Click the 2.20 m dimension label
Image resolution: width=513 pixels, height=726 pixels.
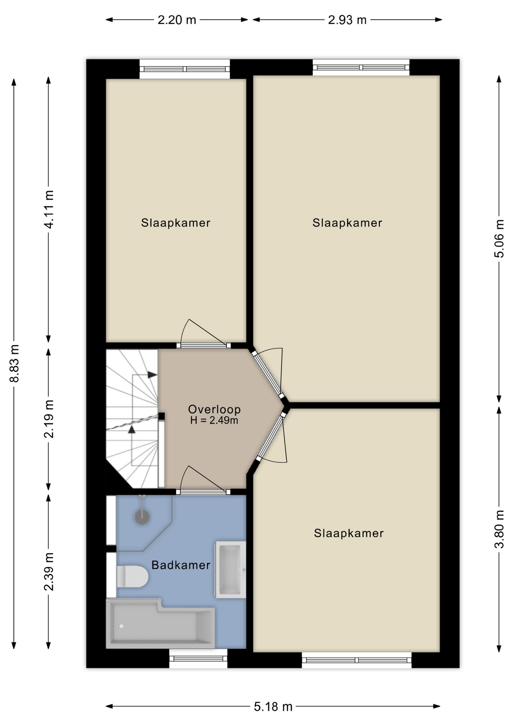click(x=177, y=20)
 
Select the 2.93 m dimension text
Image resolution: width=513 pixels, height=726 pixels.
click(x=347, y=20)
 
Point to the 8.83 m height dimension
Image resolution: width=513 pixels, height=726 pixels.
click(x=14, y=363)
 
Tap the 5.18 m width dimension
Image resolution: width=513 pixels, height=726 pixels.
click(x=273, y=706)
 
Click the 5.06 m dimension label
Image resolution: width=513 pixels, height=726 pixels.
click(x=499, y=239)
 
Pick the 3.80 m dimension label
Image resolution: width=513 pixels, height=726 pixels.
click(x=499, y=529)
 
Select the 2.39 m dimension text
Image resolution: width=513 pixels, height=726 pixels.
click(x=49, y=571)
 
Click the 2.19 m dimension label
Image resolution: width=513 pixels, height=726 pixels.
click(x=49, y=419)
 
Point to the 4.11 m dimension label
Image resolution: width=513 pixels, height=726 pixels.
click(x=49, y=209)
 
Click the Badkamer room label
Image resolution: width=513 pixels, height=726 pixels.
click(x=181, y=565)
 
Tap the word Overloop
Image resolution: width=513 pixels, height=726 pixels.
click(x=214, y=409)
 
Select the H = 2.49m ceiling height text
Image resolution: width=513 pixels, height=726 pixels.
click(x=214, y=420)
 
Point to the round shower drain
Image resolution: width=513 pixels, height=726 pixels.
click(x=142, y=517)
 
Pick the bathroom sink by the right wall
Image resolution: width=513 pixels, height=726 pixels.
click(x=230, y=569)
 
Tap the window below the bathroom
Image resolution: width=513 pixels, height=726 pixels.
click(x=198, y=659)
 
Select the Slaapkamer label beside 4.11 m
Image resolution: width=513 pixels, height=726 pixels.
click(x=176, y=223)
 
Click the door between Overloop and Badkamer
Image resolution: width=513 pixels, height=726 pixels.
click(x=203, y=492)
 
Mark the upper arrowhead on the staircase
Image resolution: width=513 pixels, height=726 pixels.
click(x=152, y=375)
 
